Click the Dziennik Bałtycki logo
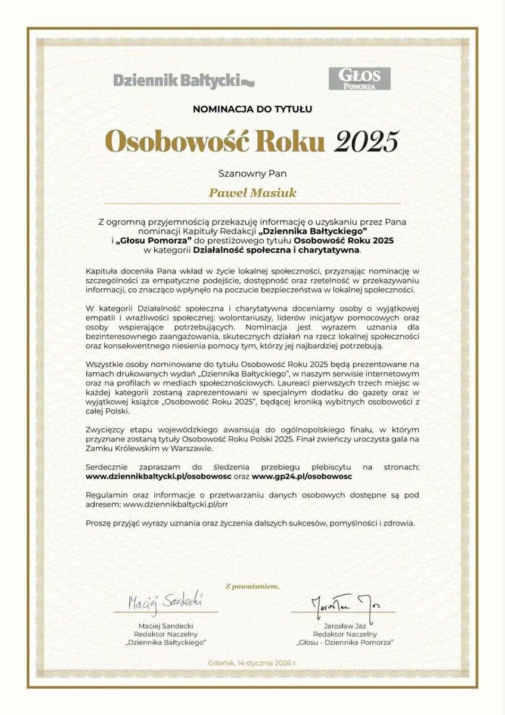click(183, 79)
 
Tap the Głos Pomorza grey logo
click(359, 79)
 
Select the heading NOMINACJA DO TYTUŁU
click(253, 109)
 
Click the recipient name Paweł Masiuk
click(252, 194)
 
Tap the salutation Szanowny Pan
click(253, 174)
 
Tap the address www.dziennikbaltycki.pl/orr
click(176, 504)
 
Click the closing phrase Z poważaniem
click(253, 586)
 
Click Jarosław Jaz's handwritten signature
click(344, 604)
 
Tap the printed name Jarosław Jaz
click(344, 625)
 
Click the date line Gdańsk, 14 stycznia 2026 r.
click(253, 663)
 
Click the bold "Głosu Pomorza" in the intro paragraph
click(144, 240)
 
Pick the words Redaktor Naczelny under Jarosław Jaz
click(344, 634)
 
